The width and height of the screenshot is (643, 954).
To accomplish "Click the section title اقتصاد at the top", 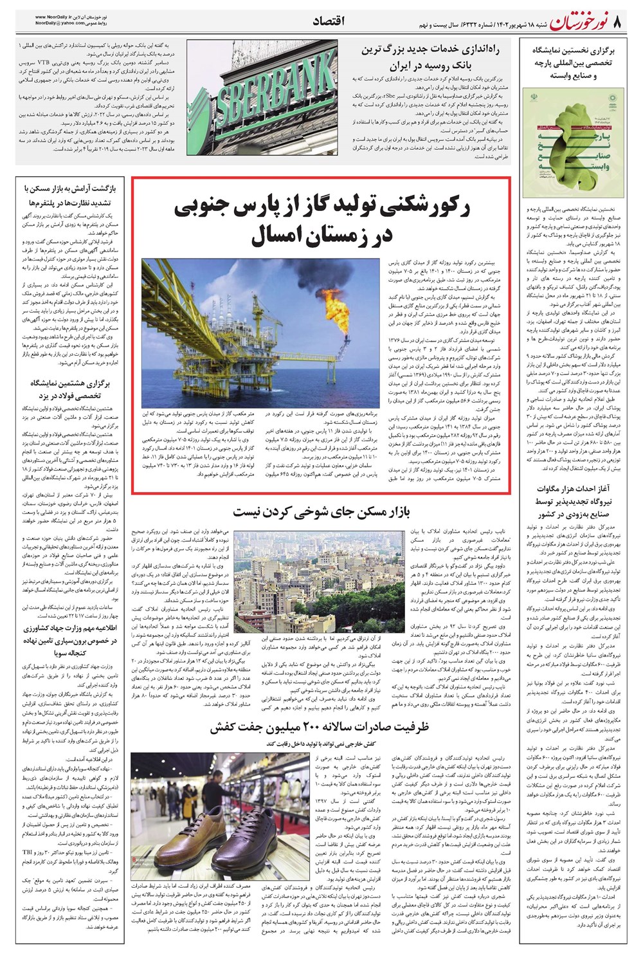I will pos(328,21).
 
